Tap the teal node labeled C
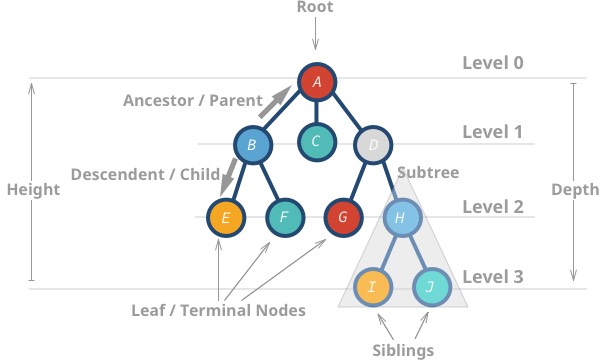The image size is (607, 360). click(x=316, y=141)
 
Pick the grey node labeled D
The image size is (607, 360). click(x=372, y=146)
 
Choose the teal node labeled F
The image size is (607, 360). click(x=284, y=216)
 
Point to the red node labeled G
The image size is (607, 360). click(x=343, y=216)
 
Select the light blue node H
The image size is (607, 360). click(x=400, y=216)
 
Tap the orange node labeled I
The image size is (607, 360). click(x=372, y=287)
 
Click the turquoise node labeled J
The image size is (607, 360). click(x=432, y=287)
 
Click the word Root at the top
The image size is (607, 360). click(x=315, y=7)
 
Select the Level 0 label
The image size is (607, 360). click(x=492, y=63)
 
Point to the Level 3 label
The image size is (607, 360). click(x=492, y=275)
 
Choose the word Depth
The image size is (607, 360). click(x=575, y=190)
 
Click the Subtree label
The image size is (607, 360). click(x=428, y=173)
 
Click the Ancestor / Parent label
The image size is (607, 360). click(x=192, y=100)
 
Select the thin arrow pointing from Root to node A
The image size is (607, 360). click(x=315, y=35)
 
